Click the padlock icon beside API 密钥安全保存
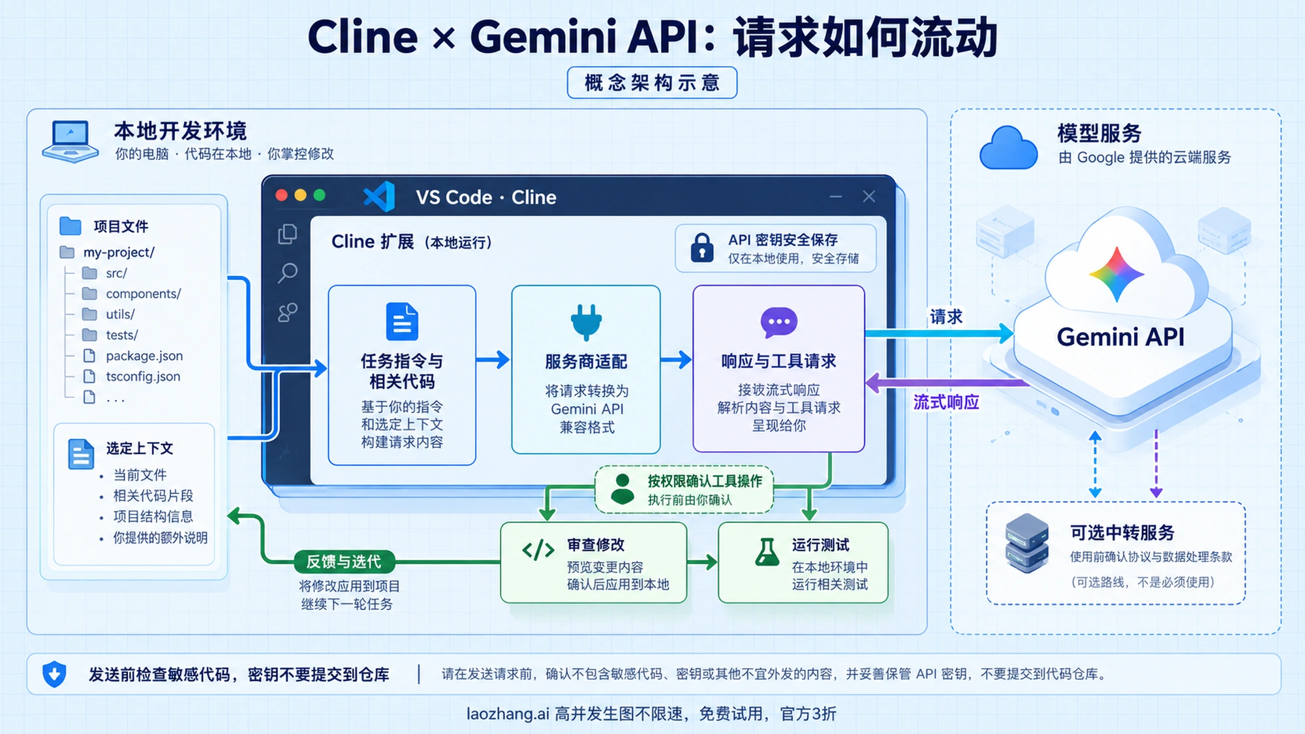(x=702, y=247)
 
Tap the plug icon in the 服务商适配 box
(x=586, y=322)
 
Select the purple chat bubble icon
(x=779, y=322)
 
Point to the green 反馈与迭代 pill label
(x=344, y=561)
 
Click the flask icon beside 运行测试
(x=767, y=552)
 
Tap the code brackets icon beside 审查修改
(x=538, y=551)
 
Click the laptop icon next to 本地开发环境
(x=70, y=141)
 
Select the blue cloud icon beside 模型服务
(x=1008, y=148)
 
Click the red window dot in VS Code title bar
(x=282, y=195)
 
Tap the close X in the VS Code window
(x=869, y=196)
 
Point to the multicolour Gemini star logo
(x=1116, y=274)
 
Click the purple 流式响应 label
(x=946, y=402)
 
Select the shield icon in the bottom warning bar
(x=54, y=674)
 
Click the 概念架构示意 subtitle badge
(x=652, y=83)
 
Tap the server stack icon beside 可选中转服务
(x=1027, y=543)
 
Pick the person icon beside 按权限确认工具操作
(x=622, y=489)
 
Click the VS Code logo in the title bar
(x=379, y=196)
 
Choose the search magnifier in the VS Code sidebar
(x=287, y=273)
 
